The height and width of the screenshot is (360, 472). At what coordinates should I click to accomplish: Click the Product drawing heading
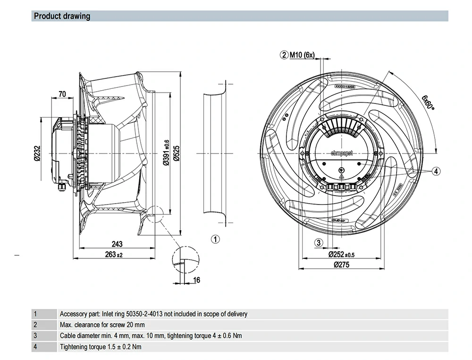point(61,16)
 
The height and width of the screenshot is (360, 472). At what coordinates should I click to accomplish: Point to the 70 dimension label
point(62,94)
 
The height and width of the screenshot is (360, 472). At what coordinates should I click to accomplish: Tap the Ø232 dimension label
point(38,154)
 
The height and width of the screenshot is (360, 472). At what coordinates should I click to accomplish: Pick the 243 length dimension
point(117,244)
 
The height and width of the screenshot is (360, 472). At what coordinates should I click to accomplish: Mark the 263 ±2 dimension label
point(113,255)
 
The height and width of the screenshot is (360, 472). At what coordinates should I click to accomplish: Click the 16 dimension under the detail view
point(197,280)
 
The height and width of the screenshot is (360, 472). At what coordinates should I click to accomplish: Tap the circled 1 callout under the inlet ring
point(215,240)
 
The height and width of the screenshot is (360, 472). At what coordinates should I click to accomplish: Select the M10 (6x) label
point(302,55)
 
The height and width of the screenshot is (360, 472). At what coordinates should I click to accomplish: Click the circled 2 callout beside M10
point(284,55)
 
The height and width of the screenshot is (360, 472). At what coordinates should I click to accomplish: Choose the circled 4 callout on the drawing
point(436,171)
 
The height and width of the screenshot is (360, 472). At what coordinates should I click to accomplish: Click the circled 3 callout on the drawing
point(319,243)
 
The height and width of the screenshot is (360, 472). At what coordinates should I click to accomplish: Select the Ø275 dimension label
point(341,265)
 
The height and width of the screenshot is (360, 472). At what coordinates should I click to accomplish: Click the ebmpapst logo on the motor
point(342,153)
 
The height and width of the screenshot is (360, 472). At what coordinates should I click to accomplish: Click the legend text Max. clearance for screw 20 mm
point(102,325)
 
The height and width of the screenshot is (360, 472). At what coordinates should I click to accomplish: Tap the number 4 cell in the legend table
point(35,347)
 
